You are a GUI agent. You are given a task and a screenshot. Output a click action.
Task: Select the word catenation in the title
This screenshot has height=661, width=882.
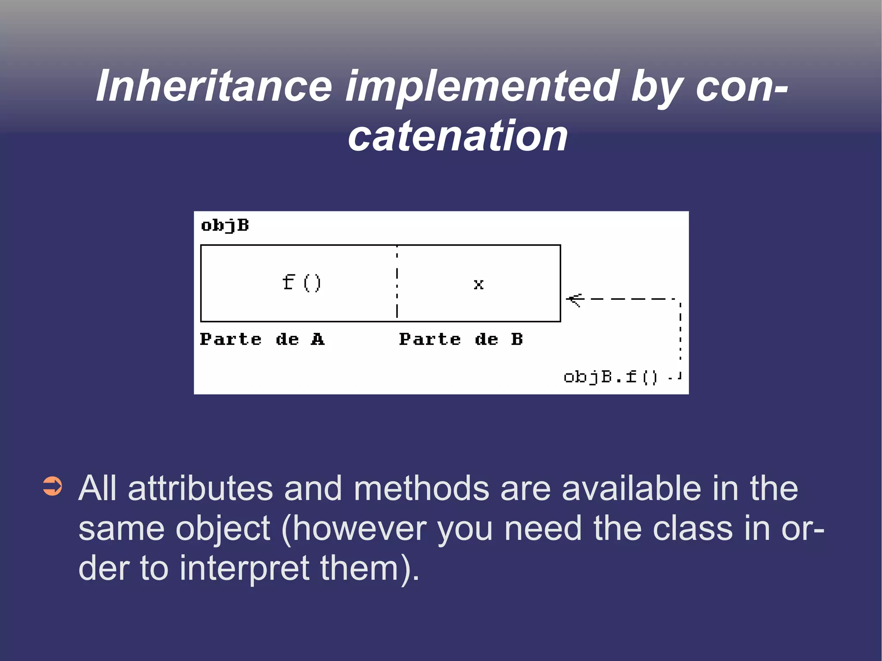[x=458, y=136]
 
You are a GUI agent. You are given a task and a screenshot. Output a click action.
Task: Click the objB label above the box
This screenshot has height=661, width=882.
[x=225, y=225]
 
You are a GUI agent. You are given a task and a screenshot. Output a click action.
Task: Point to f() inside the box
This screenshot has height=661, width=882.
[x=301, y=283]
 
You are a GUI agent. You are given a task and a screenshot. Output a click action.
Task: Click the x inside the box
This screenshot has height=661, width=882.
[x=478, y=284]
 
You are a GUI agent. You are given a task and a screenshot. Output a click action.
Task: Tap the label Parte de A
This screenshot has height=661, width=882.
[x=262, y=339]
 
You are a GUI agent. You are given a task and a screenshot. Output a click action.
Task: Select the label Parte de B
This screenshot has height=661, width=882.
[x=461, y=339]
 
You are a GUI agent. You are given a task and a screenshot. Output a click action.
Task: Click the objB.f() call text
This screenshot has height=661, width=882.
[x=610, y=377]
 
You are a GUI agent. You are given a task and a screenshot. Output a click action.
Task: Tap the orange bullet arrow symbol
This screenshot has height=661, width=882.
[x=53, y=487]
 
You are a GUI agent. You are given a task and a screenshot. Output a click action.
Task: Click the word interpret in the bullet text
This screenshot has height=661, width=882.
[x=244, y=568]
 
